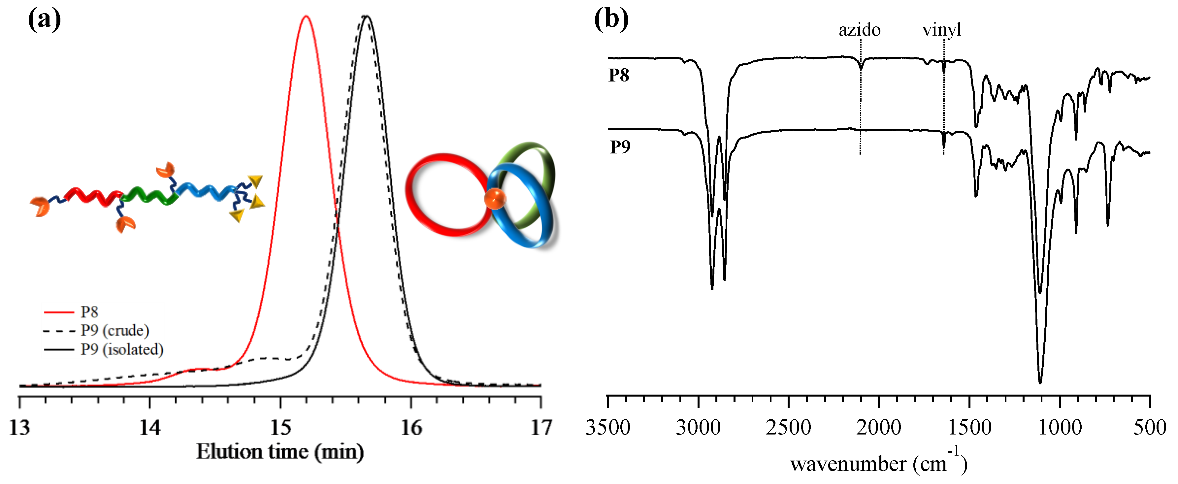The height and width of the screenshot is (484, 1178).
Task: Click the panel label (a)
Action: (x=44, y=20)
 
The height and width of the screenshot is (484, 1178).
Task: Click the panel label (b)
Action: (x=611, y=20)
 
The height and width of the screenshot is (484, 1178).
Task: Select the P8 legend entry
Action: (x=89, y=312)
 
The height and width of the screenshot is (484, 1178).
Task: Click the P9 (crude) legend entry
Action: (x=114, y=331)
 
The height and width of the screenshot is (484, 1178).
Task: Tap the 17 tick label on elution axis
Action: (x=541, y=428)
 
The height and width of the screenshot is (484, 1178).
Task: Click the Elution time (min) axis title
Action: (x=280, y=452)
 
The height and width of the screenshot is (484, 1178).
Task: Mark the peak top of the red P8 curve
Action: (x=306, y=16)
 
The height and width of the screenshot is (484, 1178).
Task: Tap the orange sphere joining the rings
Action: (x=495, y=199)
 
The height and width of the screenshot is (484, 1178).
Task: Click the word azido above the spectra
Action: (x=859, y=30)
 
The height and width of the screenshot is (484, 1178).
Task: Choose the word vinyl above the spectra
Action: (x=942, y=30)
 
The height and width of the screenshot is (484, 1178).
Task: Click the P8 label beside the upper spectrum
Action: (x=619, y=76)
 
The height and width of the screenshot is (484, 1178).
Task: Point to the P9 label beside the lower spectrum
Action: (x=620, y=147)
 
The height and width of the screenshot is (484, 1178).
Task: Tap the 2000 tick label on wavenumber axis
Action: (x=878, y=428)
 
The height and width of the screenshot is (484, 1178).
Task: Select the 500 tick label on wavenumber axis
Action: (x=1150, y=428)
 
